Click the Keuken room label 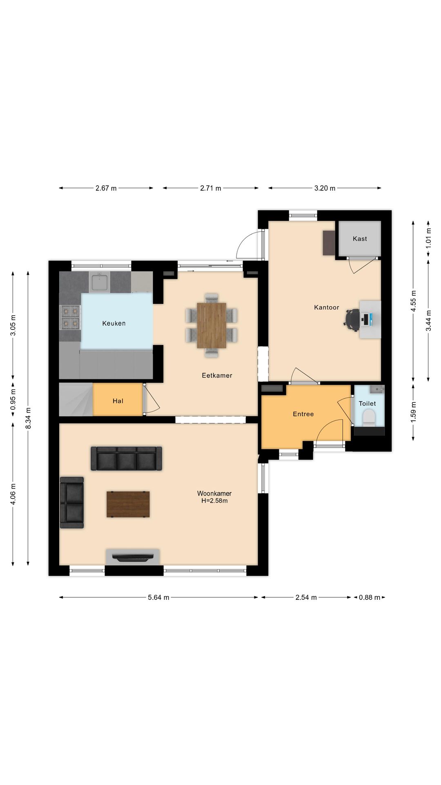(x=114, y=323)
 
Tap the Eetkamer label (x=217, y=375)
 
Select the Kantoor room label (x=327, y=307)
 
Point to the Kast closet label (x=360, y=239)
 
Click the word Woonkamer (x=214, y=493)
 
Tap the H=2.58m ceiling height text (x=214, y=500)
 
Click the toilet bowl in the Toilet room (x=369, y=418)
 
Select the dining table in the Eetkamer (x=212, y=325)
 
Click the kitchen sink (x=100, y=282)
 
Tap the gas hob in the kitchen (x=70, y=317)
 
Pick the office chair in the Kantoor (x=352, y=319)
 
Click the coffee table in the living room (x=128, y=505)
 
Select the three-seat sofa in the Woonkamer (x=126, y=458)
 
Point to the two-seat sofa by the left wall (x=72, y=502)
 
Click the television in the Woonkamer (x=133, y=557)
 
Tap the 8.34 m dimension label (x=28, y=418)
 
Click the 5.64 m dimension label (x=158, y=597)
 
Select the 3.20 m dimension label (x=325, y=188)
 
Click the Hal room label (x=118, y=401)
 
